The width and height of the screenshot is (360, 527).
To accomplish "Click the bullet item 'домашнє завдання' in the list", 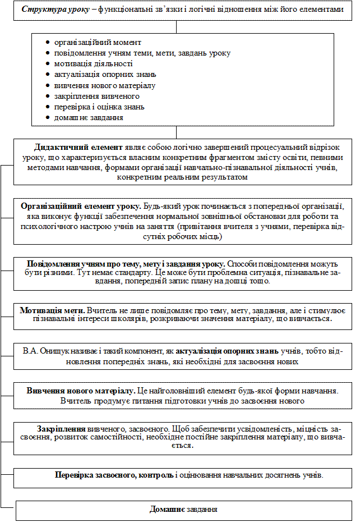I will click(88, 117).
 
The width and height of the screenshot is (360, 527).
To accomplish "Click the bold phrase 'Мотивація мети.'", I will click(52, 310).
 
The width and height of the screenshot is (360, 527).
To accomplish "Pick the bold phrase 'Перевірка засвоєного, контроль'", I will click(114, 475).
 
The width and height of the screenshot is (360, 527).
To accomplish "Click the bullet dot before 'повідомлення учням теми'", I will click(49, 53).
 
